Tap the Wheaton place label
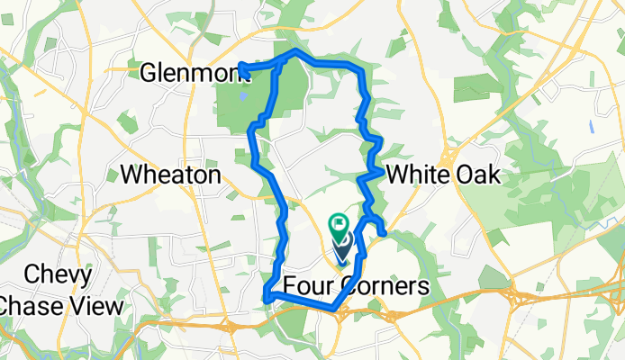pos(170,175)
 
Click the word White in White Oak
pos(416,175)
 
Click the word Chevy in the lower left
pos(58,274)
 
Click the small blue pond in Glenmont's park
pos(243,92)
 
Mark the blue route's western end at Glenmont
pos(241,66)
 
